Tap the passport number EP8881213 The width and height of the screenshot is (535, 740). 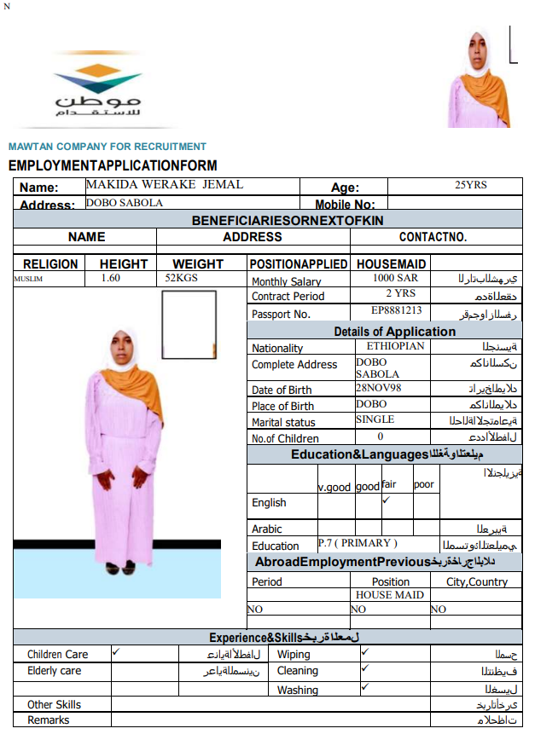[x=397, y=311]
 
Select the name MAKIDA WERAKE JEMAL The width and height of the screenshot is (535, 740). [x=165, y=185]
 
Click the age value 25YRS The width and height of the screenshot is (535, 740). [x=471, y=185]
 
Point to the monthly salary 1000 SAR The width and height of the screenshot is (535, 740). [x=395, y=279]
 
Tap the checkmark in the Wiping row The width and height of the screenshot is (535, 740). [x=364, y=652]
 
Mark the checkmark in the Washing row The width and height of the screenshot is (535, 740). [x=364, y=686]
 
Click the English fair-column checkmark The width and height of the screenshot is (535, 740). [x=386, y=500]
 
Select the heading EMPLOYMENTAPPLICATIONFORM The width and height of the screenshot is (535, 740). [x=113, y=165]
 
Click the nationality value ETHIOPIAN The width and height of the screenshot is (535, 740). [x=395, y=347]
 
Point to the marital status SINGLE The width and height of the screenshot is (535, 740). [x=375, y=419]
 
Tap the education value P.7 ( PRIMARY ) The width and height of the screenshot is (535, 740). [x=358, y=543]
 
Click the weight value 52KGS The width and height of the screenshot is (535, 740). [x=183, y=279]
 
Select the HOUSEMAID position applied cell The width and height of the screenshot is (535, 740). [x=392, y=263]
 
